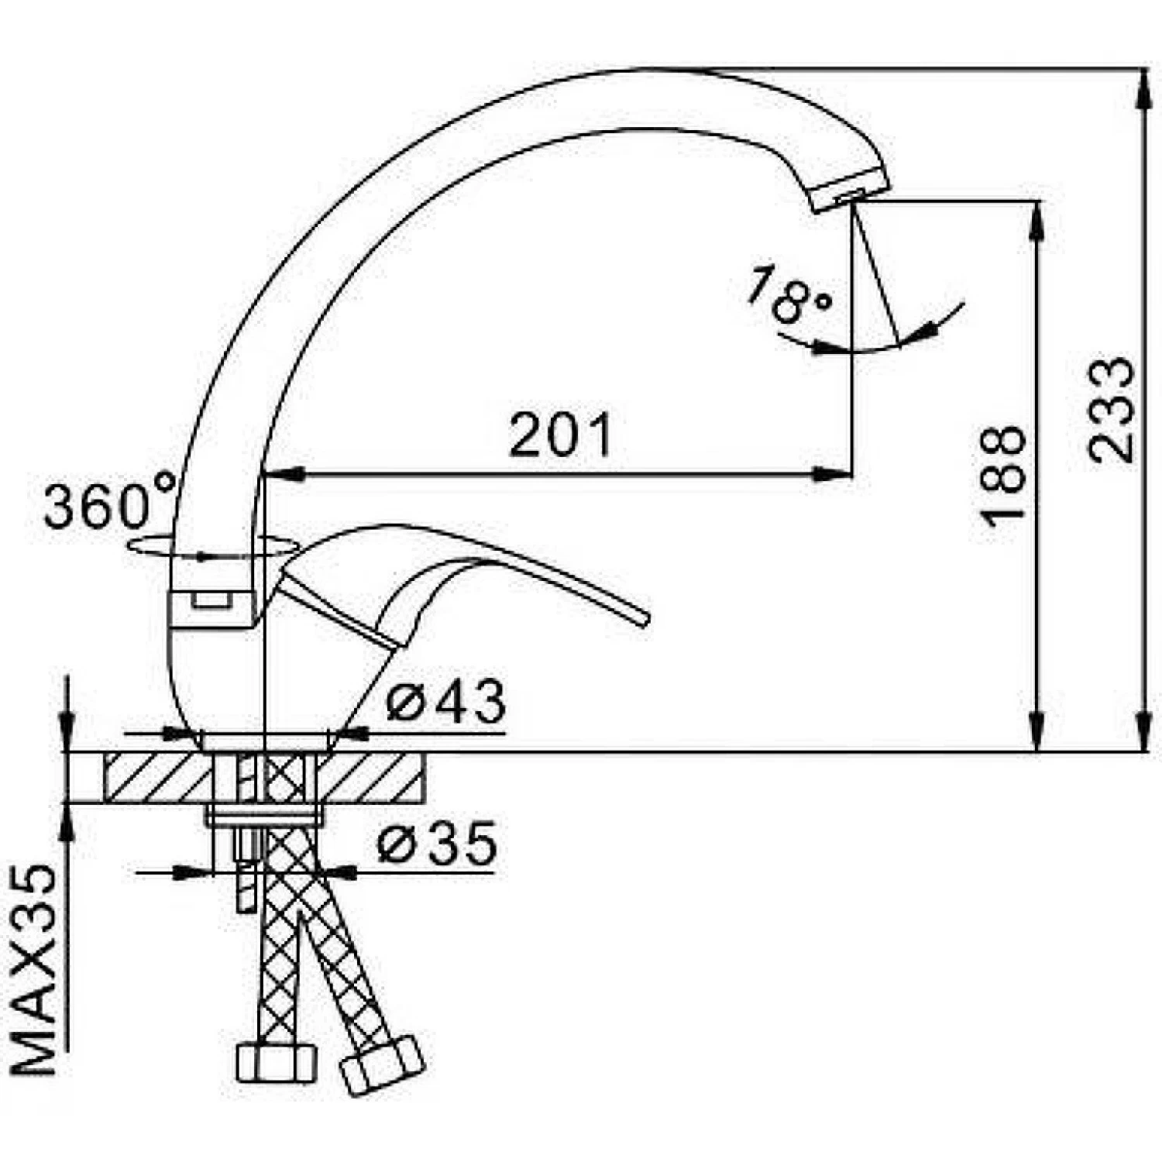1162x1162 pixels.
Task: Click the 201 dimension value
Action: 561,435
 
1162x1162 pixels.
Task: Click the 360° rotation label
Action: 109,505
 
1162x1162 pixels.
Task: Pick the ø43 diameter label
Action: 446,702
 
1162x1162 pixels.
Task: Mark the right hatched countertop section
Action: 372,777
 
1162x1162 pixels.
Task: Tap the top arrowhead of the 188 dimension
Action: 1035,221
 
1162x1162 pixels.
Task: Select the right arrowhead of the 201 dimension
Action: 833,474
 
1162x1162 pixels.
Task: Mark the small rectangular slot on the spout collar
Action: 211,599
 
